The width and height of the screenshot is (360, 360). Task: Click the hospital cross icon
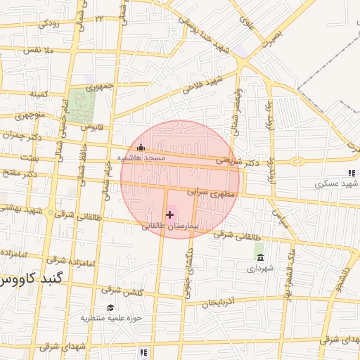pyautogui.click(x=169, y=213)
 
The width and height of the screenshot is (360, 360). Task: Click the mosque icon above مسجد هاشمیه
pyautogui.click(x=141, y=148)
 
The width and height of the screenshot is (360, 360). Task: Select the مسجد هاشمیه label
pyautogui.click(x=141, y=159)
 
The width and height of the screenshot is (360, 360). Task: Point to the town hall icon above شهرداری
pyautogui.click(x=260, y=257)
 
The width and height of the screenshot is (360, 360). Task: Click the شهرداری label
pyautogui.click(x=259, y=268)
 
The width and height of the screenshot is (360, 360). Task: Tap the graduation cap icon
pyautogui.click(x=110, y=307)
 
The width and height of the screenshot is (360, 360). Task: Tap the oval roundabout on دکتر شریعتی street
pyautogui.click(x=297, y=161)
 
